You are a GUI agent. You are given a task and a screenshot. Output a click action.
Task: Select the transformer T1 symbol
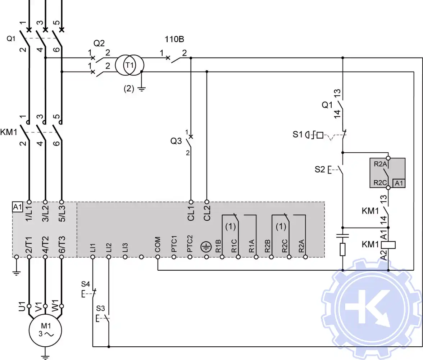pos(129,65)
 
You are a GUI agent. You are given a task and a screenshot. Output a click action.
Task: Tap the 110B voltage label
pos(174,39)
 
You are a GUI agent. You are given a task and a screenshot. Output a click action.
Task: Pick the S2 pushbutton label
pos(320,169)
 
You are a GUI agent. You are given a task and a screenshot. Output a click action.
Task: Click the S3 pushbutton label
pos(101,309)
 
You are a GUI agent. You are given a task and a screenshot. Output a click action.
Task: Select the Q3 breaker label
pos(176,141)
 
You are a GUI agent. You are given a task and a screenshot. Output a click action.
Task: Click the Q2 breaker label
pos(99,43)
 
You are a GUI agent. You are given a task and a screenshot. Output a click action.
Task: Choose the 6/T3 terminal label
pos(61,244)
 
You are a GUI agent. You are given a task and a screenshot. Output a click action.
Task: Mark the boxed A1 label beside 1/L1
pos(17,207)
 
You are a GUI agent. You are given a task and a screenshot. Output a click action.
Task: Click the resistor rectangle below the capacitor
pos(342,249)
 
